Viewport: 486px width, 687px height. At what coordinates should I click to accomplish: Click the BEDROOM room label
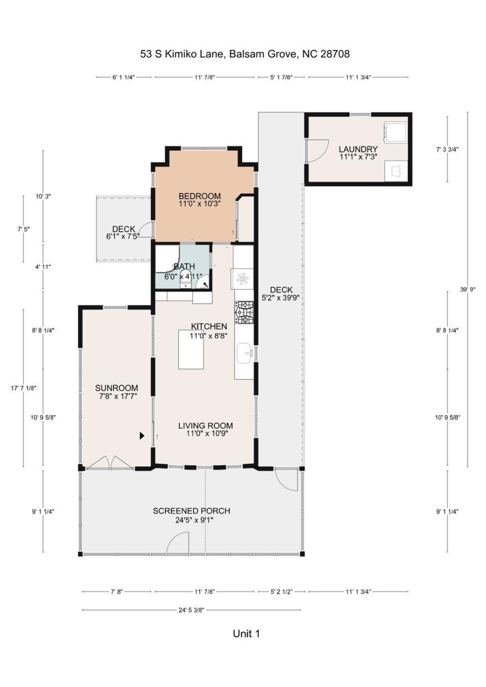[199, 196]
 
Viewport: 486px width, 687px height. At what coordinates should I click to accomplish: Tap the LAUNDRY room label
[358, 149]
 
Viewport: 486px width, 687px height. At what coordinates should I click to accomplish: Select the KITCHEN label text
[209, 326]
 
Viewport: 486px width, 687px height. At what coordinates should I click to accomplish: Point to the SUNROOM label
[116, 388]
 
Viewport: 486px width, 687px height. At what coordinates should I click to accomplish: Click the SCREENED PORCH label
[191, 511]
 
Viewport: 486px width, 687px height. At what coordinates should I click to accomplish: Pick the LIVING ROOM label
[206, 426]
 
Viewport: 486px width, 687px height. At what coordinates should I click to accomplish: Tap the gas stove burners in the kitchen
[244, 312]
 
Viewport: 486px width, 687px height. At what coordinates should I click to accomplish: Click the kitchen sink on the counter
[245, 354]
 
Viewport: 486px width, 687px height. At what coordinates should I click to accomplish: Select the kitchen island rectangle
[191, 349]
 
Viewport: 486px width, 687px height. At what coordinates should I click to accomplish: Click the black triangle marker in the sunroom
[142, 436]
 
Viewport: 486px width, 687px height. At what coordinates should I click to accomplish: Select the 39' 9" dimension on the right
[467, 290]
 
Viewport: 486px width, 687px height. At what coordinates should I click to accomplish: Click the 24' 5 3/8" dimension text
[191, 610]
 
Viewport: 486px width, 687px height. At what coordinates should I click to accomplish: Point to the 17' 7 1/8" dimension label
[23, 388]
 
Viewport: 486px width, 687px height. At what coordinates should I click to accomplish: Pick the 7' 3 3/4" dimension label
[447, 149]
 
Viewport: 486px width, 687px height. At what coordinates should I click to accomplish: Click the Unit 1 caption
[246, 634]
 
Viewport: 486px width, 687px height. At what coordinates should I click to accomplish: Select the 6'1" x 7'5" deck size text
[123, 237]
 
